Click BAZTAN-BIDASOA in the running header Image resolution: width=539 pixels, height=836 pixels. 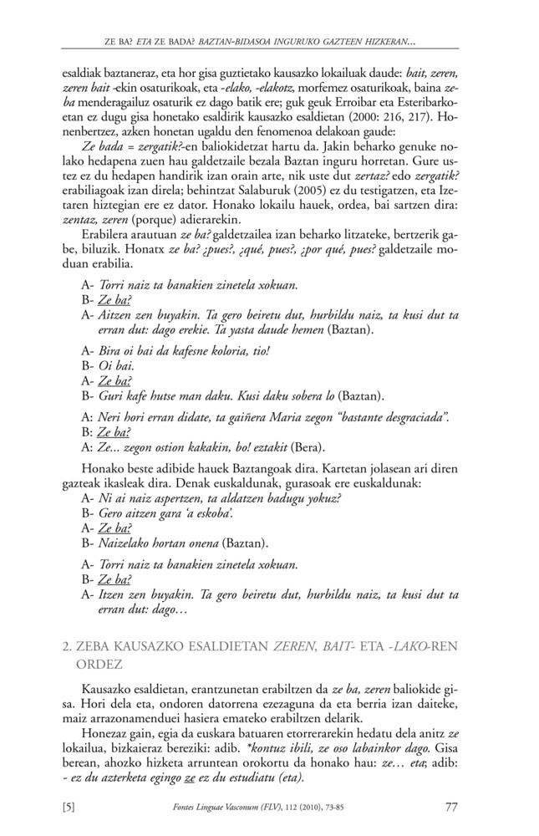(x=230, y=39)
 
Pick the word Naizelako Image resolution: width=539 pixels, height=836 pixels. (x=124, y=543)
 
